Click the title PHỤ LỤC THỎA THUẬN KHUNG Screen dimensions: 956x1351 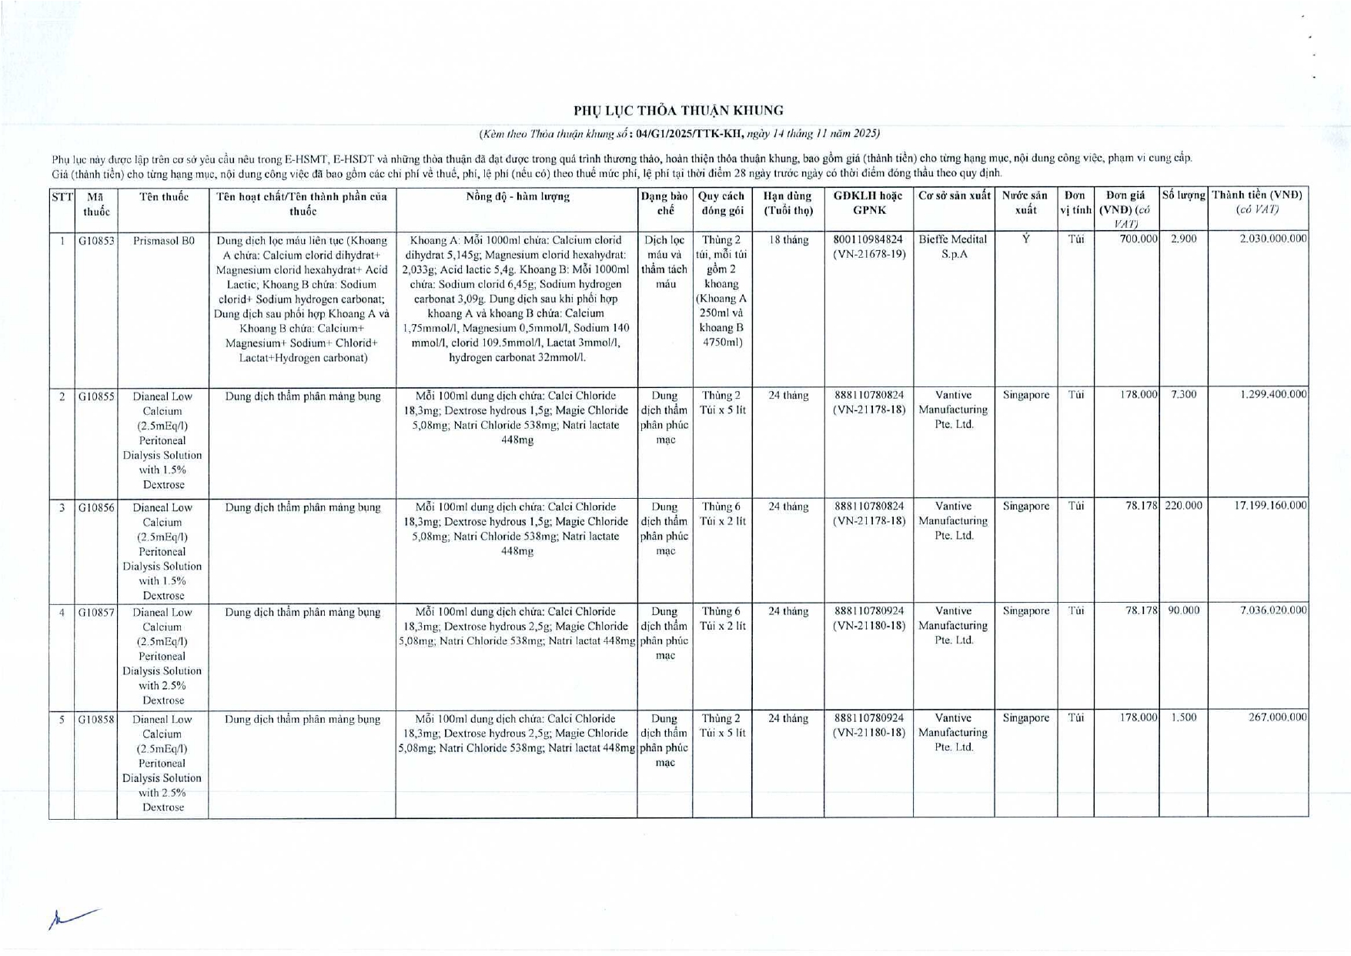[678, 111]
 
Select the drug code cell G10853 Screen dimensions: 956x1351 [95, 241]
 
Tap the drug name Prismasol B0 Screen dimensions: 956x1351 [163, 241]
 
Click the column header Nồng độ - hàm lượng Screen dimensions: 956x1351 [517, 197]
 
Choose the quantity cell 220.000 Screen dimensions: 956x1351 [1183, 506]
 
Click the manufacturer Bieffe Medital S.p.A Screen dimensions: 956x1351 [953, 246]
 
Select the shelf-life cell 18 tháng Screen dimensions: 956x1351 [788, 240]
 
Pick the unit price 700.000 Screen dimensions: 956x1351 [1139, 239]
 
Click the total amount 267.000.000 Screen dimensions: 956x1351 [1277, 717]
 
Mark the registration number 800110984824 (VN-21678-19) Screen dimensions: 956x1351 [868, 246]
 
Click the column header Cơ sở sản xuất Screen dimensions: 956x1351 [954, 196]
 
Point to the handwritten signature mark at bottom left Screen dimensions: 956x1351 [72, 918]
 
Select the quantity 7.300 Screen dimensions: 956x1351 [1183, 394]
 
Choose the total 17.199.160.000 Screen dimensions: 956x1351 [1270, 506]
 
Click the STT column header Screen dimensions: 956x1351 [62, 197]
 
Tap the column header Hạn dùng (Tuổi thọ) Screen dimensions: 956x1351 [788, 203]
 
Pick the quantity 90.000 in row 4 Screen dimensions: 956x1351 [1183, 610]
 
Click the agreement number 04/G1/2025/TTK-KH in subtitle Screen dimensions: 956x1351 [689, 134]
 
